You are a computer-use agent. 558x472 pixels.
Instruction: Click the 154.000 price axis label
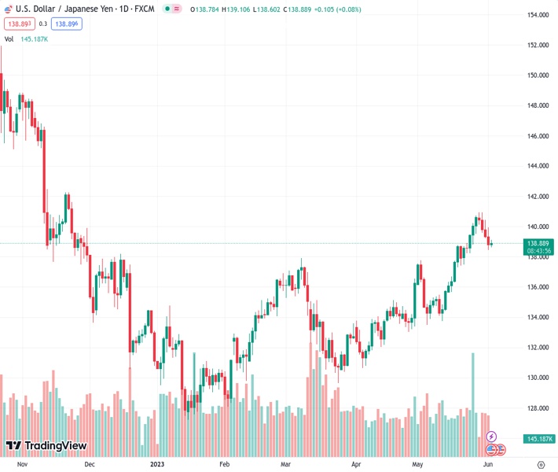(x=538, y=15)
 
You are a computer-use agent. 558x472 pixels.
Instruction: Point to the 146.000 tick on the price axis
(x=538, y=136)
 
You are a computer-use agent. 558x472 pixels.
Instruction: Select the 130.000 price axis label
(x=538, y=378)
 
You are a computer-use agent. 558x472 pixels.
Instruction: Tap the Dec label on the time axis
(x=89, y=465)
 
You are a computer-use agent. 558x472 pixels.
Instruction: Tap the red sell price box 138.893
(x=18, y=24)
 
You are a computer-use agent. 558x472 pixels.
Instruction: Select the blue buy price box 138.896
(x=67, y=24)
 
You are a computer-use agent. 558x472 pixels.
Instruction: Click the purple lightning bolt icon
(x=492, y=437)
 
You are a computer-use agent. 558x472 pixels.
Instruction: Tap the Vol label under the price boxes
(x=9, y=39)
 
